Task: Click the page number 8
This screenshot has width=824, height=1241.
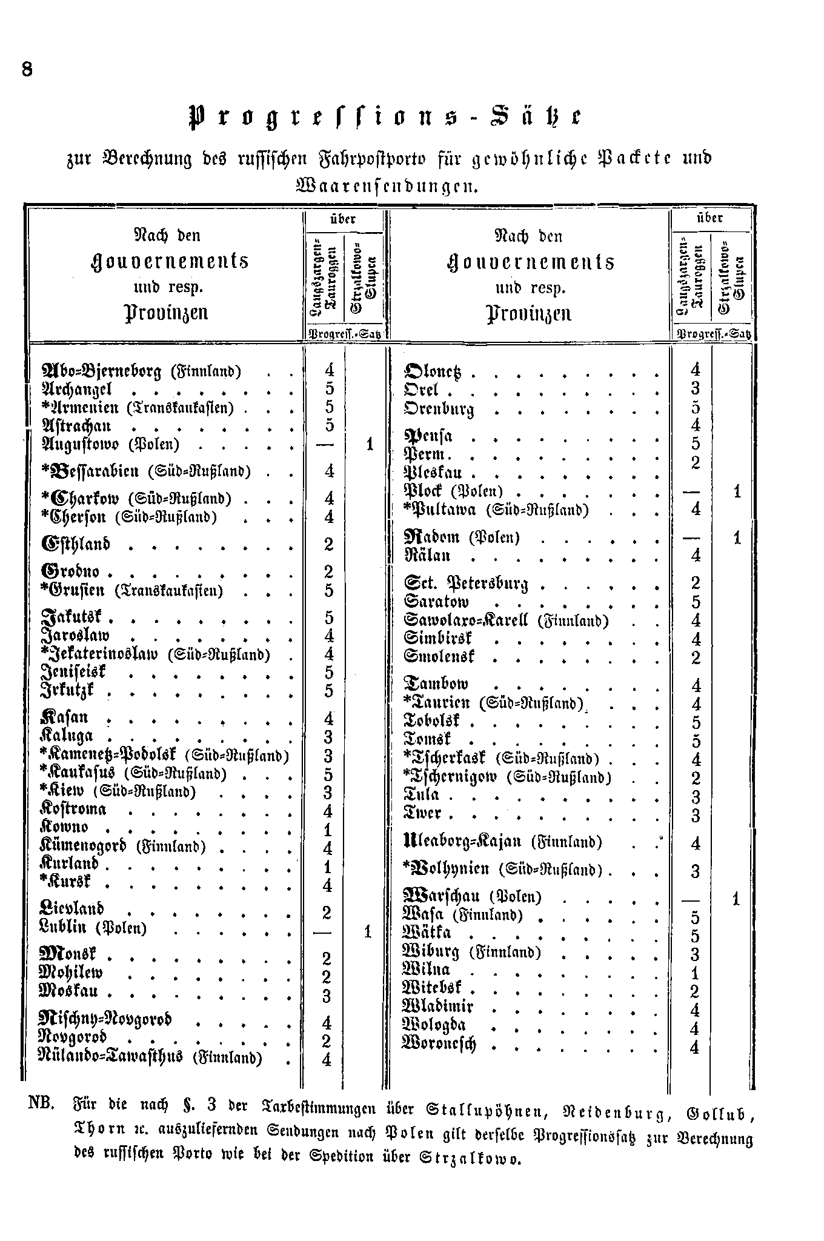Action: [x=27, y=69]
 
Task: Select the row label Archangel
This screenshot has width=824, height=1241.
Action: [x=77, y=390]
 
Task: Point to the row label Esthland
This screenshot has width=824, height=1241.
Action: [x=76, y=544]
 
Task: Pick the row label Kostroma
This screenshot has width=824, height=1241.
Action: [x=73, y=810]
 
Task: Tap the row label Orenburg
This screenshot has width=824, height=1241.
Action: [x=439, y=409]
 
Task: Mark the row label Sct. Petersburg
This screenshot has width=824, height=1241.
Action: [x=466, y=584]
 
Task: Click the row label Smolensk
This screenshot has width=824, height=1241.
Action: [x=439, y=657]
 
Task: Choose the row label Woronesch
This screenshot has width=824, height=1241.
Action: [x=440, y=1045]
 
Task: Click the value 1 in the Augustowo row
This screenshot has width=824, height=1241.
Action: [x=369, y=445]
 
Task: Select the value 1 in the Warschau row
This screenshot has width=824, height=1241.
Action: [x=736, y=899]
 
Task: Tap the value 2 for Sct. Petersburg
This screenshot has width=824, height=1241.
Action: [x=696, y=584]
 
